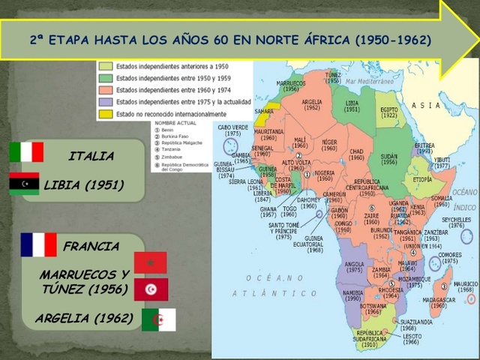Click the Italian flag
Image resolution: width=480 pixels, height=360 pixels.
tap(26, 152)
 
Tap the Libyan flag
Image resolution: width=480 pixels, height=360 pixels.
tap(24, 184)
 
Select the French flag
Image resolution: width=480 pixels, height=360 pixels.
tap(38, 244)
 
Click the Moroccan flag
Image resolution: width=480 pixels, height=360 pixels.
tap(150, 262)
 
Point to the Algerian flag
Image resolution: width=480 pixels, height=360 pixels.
tap(158, 319)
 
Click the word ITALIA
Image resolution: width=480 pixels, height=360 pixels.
tap(91, 157)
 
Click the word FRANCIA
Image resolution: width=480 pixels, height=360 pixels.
tap(91, 246)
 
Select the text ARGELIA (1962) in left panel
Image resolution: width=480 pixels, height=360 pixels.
tap(84, 319)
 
